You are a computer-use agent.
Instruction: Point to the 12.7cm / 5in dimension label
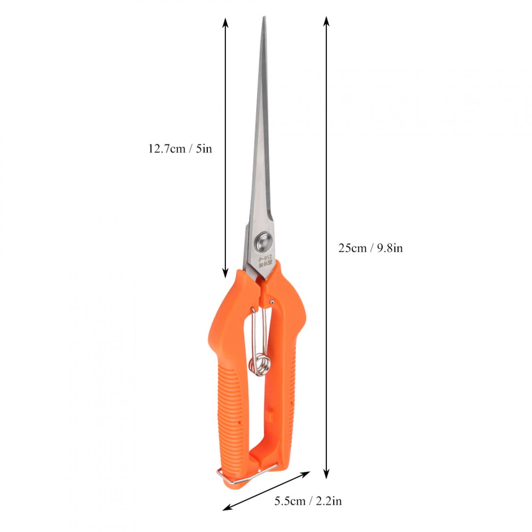click(180, 149)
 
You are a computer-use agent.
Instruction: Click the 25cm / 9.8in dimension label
click(371, 248)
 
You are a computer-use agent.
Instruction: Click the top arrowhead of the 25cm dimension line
click(327, 21)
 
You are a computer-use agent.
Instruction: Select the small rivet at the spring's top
click(272, 301)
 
